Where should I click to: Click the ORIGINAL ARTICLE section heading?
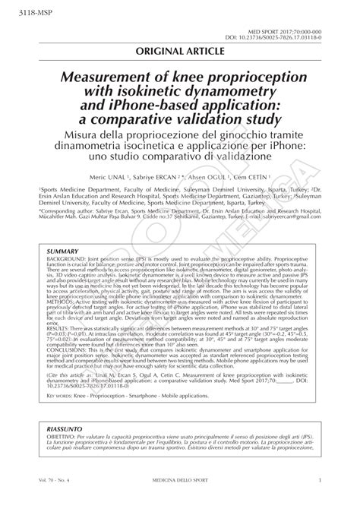pos(180,51)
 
